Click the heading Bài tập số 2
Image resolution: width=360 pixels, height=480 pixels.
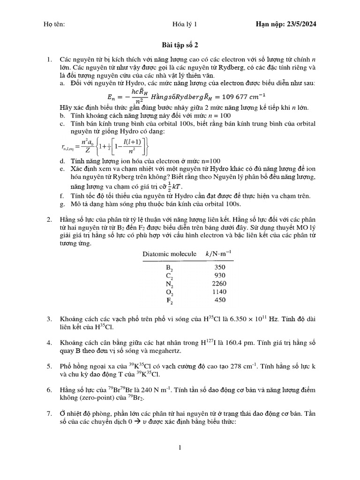pyautogui.click(x=180, y=46)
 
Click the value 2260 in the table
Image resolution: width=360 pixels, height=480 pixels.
pyautogui.click(x=218, y=283)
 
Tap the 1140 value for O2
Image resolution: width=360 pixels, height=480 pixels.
pyautogui.click(x=218, y=292)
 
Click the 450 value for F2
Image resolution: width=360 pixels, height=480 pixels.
pyautogui.click(x=219, y=300)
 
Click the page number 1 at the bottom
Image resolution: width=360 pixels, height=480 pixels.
pyautogui.click(x=180, y=448)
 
